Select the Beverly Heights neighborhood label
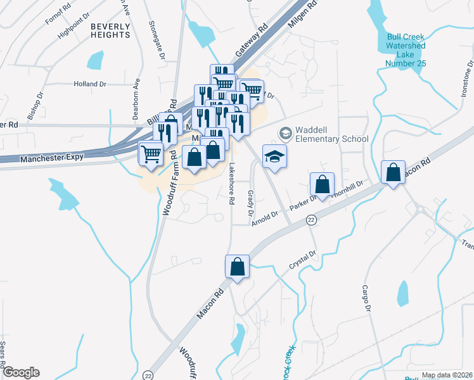click(x=110, y=30)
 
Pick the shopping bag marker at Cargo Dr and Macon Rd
click(x=394, y=173)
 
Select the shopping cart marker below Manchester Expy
click(x=151, y=154)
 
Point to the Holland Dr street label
click(x=89, y=84)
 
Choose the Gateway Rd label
click(x=252, y=42)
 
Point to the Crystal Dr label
click(x=302, y=259)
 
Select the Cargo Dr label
click(x=366, y=298)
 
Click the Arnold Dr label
click(x=264, y=216)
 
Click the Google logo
click(x=21, y=372)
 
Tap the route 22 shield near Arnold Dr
click(x=311, y=219)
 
